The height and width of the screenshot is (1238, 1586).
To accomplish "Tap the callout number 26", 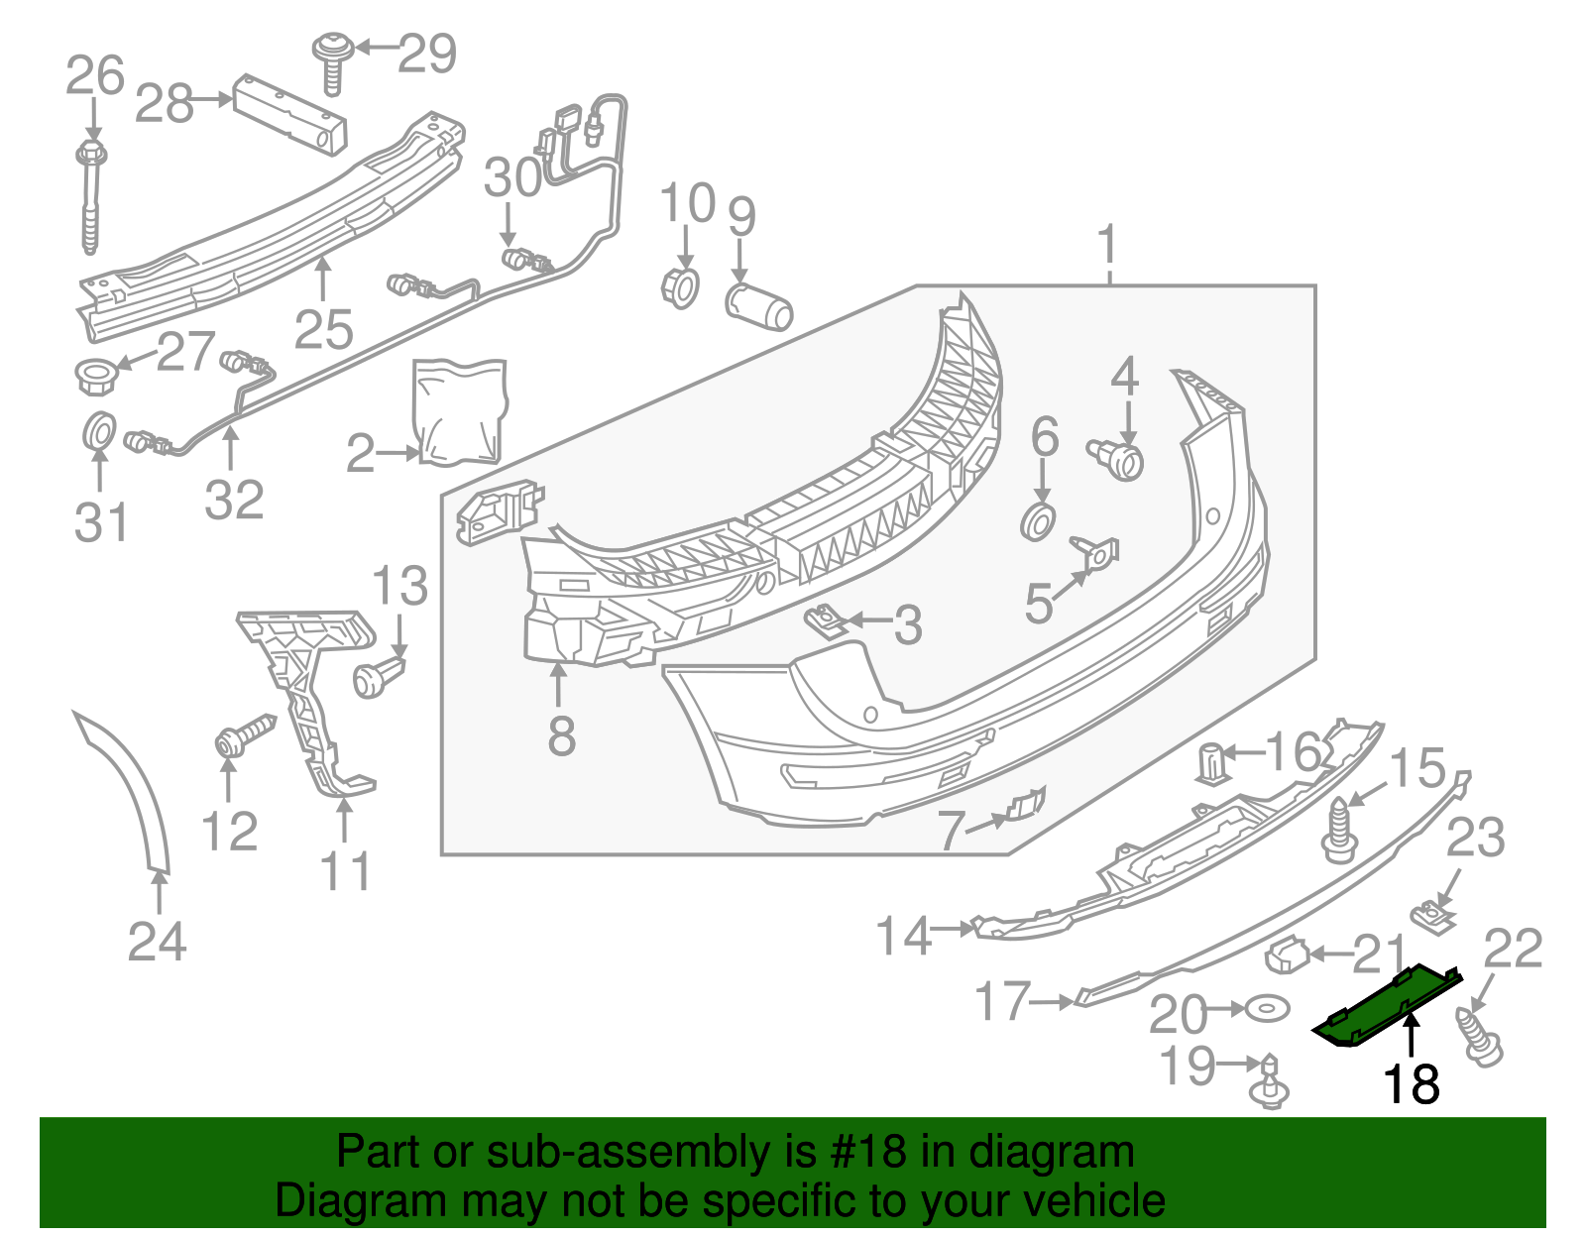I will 95,76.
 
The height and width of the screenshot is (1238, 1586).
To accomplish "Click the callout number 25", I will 324,330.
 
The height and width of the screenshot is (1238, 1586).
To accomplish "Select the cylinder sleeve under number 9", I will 759,306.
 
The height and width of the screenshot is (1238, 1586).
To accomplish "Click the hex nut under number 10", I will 680,287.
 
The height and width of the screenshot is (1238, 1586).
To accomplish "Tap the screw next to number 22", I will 1479,1038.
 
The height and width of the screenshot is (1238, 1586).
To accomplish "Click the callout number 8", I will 561,735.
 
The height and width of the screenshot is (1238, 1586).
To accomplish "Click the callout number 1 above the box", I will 1107,244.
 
